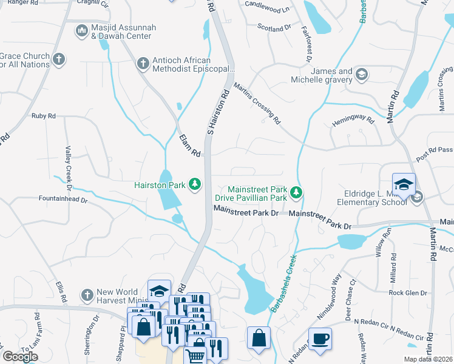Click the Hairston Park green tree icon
(x=195, y=183)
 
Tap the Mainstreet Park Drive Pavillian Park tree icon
(x=296, y=193)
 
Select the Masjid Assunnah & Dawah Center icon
(x=81, y=30)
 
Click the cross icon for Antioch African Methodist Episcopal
(x=143, y=63)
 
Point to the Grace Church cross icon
(x=58, y=59)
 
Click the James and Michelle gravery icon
(x=362, y=75)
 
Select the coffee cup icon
(x=320, y=339)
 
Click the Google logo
(x=21, y=357)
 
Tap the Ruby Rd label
(x=43, y=115)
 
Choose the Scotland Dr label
(x=274, y=29)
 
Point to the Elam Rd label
(x=190, y=146)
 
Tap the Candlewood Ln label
(x=267, y=7)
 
